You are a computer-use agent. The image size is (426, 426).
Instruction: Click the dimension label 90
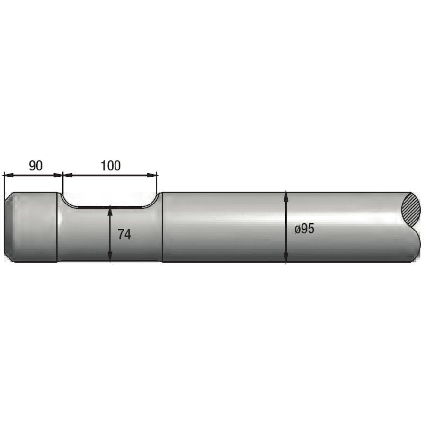[35, 166]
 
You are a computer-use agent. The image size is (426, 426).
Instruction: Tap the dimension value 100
[110, 166]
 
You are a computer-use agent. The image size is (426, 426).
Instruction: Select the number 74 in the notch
[124, 234]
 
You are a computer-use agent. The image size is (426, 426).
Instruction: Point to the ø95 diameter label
[304, 229]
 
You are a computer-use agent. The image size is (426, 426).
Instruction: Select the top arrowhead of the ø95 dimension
[286, 195]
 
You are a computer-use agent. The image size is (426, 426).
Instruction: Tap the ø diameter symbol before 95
[297, 230]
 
